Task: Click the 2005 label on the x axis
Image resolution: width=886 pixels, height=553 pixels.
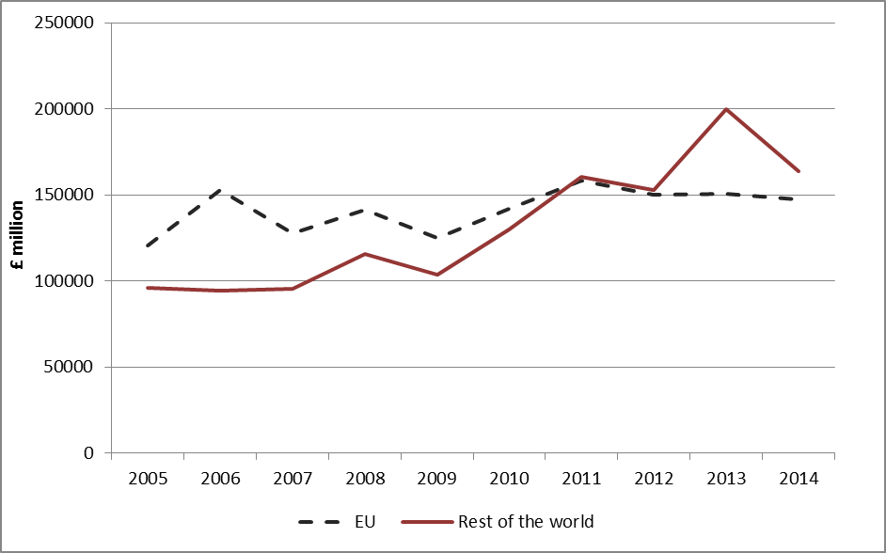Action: pyautogui.click(x=148, y=478)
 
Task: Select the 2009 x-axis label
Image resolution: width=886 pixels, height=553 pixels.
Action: pyautogui.click(x=437, y=478)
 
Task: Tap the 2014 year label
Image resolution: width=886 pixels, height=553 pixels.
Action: pyautogui.click(x=799, y=478)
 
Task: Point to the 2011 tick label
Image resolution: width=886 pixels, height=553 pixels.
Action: pyautogui.click(x=582, y=478)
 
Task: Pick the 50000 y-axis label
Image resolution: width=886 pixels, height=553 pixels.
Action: pyautogui.click(x=69, y=367)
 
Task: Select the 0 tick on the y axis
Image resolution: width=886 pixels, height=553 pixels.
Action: pyautogui.click(x=89, y=453)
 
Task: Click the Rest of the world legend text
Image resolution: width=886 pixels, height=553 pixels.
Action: pyautogui.click(x=526, y=520)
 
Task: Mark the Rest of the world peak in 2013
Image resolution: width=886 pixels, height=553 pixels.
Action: pyautogui.click(x=727, y=109)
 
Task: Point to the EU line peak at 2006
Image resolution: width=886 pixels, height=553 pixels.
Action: pyautogui.click(x=220, y=190)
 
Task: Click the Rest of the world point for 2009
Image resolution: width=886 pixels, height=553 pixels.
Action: pyautogui.click(x=437, y=275)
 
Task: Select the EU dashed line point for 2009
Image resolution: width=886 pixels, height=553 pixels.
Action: pyautogui.click(x=437, y=238)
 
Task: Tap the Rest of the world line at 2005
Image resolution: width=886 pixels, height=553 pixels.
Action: pyautogui.click(x=148, y=288)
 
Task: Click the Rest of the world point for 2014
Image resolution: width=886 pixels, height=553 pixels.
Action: pyautogui.click(x=799, y=171)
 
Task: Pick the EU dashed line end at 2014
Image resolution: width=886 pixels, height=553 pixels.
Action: pyautogui.click(x=799, y=199)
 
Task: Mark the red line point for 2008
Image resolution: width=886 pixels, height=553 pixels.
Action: pyautogui.click(x=365, y=254)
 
